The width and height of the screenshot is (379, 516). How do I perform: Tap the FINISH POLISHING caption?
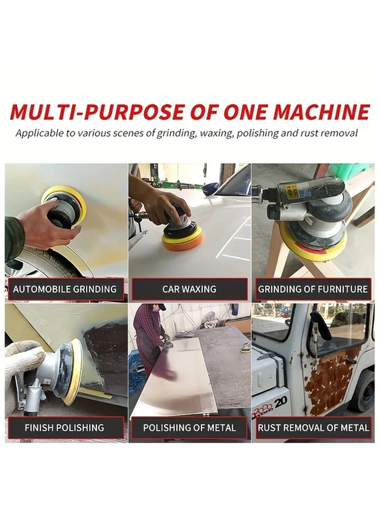coord(64,428)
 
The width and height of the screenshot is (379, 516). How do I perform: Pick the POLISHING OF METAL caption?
coord(189,428)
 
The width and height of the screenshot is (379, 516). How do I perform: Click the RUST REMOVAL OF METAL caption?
coord(313,428)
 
